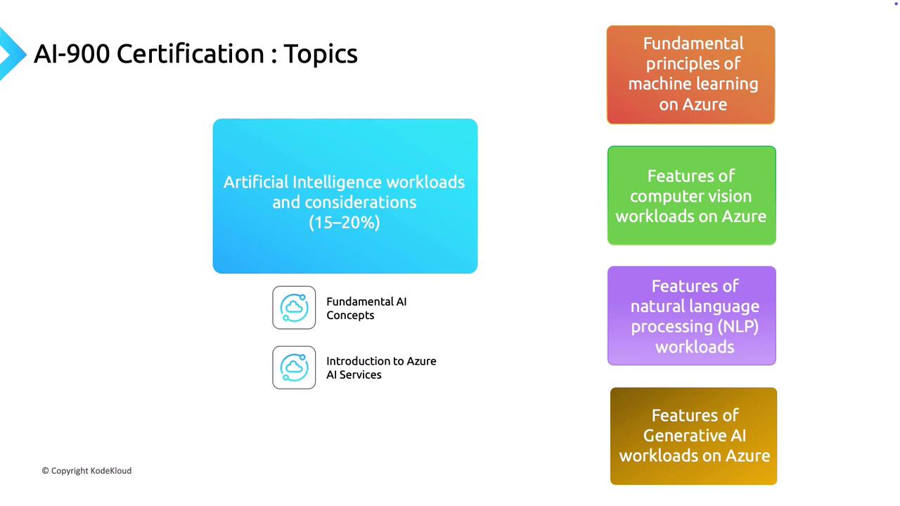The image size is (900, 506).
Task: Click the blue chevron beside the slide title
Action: [x=12, y=54]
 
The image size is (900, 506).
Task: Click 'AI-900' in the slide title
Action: [x=72, y=54]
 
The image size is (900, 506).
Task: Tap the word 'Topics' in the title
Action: [x=321, y=55]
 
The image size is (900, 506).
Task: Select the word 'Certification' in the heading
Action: [x=191, y=54]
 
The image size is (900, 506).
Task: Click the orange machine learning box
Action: [x=690, y=74]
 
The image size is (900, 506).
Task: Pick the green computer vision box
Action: [x=691, y=195]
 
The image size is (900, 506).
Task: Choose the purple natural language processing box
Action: [x=691, y=316]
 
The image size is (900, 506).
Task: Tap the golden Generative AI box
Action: [x=693, y=436]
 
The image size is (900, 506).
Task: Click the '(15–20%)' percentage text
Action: [x=345, y=223]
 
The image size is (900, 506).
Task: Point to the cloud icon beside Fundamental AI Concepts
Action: [x=294, y=308]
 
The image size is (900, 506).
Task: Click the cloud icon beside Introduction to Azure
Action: [x=294, y=368]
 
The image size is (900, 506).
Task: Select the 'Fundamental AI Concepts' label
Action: [x=366, y=309]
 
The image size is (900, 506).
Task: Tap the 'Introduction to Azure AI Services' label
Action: [x=381, y=368]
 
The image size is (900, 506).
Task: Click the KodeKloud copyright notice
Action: [x=86, y=471]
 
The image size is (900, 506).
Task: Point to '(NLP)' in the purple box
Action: [x=738, y=327]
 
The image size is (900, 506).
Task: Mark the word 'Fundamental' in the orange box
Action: [x=693, y=44]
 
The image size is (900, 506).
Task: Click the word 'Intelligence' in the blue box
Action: [x=337, y=182]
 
